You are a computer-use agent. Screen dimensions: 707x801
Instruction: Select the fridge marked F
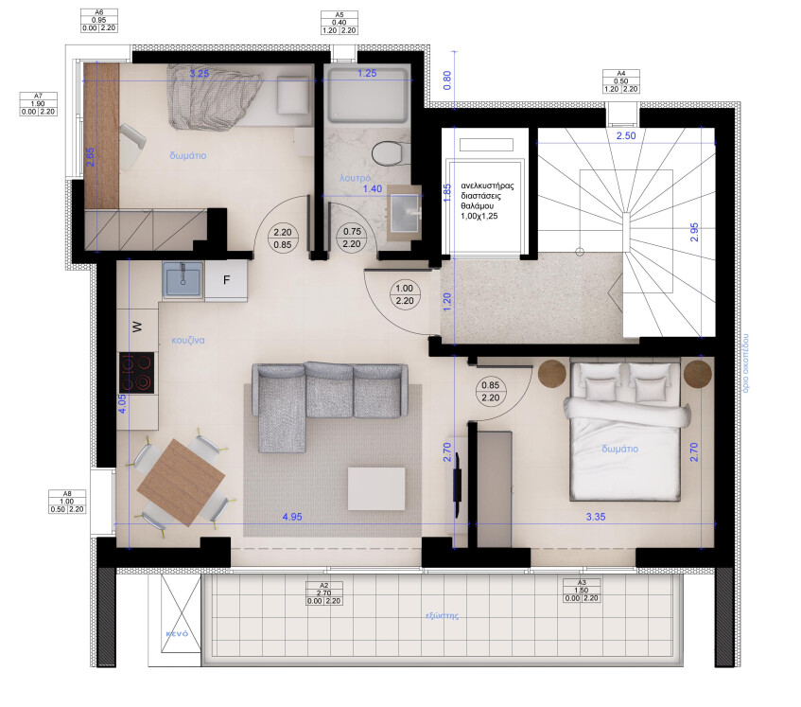227,279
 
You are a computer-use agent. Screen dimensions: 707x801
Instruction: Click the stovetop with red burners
136,372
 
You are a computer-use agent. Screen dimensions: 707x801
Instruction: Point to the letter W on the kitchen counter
136,327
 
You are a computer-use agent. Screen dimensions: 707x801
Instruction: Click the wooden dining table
181,484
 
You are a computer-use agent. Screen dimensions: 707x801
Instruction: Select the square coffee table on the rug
376,487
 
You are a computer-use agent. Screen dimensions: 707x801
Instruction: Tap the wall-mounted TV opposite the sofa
458,484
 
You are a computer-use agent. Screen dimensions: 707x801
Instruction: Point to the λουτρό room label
355,177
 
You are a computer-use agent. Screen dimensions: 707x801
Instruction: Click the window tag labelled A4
621,80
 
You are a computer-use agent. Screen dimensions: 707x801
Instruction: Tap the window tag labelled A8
66,501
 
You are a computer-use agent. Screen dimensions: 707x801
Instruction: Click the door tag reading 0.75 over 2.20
353,237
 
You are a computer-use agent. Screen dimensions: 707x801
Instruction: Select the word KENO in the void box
177,632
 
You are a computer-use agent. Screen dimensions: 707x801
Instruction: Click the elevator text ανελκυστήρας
487,186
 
